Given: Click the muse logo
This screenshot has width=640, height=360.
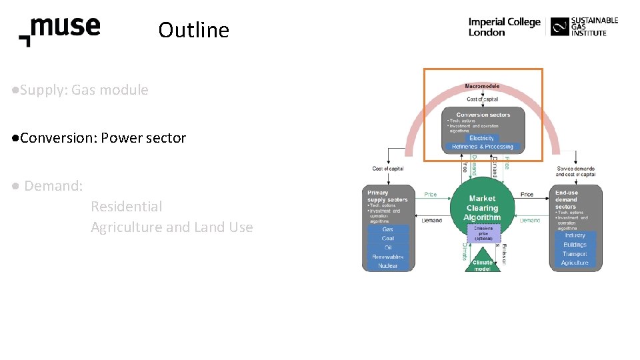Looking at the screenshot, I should point(60,31).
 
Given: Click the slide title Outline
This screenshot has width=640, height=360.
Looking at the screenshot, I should point(193,30).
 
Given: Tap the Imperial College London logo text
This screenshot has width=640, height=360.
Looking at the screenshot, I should point(504,27).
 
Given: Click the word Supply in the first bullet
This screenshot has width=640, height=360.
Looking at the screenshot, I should point(39,90).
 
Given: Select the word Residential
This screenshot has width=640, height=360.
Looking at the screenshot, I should point(126,207).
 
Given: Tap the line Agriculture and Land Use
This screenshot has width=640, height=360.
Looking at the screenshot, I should point(171,227).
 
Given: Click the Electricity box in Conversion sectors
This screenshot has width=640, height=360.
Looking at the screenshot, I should point(482,138).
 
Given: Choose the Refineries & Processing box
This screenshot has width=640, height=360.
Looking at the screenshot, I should point(482,147).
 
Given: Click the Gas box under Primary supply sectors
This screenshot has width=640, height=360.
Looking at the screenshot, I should point(387,229).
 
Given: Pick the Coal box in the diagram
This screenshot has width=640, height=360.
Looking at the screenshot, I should point(387,239).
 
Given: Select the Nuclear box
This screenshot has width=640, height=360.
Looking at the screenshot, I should point(387,266).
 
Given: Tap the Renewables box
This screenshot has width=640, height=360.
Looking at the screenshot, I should point(387,257).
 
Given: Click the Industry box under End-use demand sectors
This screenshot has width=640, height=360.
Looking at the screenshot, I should point(575,235).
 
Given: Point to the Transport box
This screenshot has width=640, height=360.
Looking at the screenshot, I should point(575,254).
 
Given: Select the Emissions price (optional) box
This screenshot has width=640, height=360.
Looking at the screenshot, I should point(483,233).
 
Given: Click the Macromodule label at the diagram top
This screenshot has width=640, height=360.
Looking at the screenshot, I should point(482,86).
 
